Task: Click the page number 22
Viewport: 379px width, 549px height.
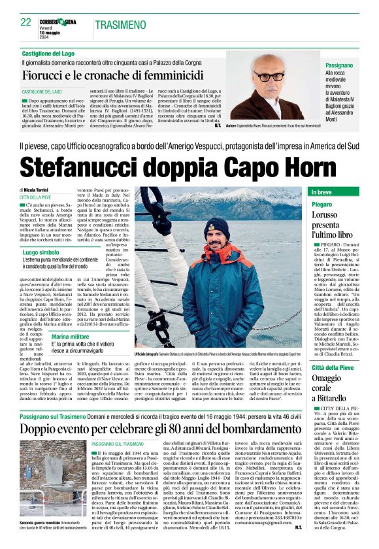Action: coord(26,23)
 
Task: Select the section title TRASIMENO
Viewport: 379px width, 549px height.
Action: coord(120,24)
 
